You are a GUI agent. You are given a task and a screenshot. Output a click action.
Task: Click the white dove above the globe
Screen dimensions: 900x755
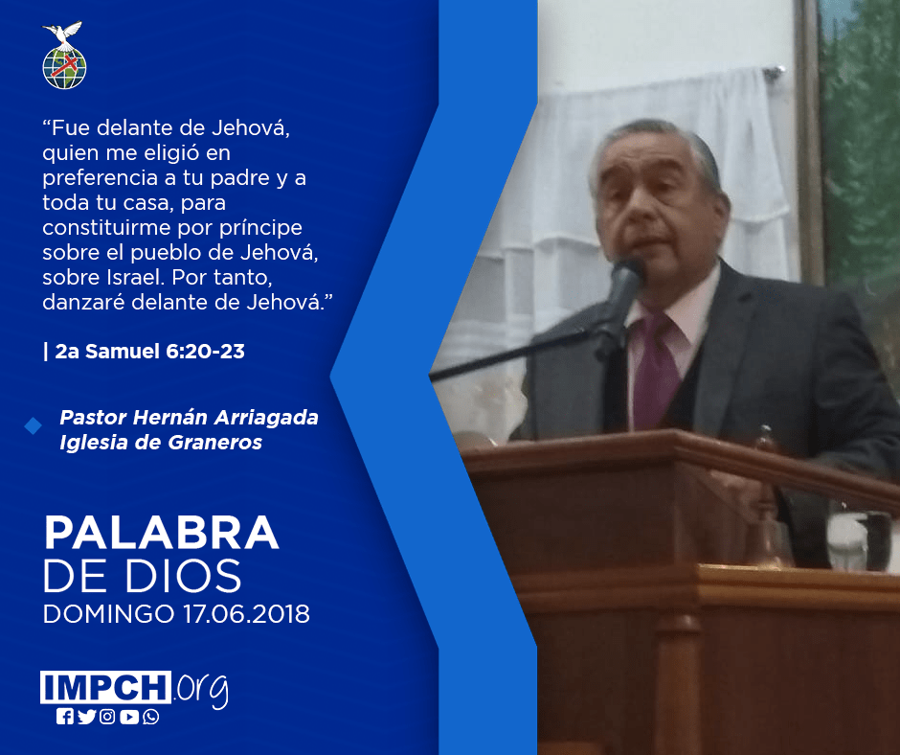62,33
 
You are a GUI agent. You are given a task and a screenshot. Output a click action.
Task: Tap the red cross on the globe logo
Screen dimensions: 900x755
64,65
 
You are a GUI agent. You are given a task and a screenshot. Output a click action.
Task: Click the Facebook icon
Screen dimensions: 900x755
64,717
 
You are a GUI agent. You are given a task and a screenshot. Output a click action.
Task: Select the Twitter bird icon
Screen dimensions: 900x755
86,717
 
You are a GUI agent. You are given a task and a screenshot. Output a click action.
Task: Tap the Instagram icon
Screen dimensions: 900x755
107,717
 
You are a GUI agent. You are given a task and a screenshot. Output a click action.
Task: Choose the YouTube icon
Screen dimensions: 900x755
129,717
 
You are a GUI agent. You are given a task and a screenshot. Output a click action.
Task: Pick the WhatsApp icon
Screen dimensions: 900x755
151,717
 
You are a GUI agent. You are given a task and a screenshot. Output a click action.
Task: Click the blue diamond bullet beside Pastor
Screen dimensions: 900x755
34,425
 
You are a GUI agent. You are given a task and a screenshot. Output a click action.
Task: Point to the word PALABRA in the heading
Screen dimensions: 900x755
161,534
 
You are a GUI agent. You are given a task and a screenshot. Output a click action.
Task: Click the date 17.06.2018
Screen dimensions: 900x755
247,613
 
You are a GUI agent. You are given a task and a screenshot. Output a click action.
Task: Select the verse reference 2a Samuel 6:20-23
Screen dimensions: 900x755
149,351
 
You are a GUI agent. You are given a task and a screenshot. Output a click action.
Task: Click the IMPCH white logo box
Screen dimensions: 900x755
105,687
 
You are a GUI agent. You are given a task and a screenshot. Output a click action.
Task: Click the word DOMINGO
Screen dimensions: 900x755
108,613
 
